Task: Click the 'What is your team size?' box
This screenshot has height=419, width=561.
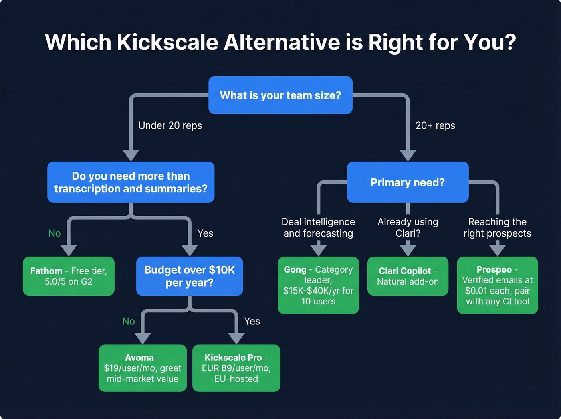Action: pyautogui.click(x=280, y=95)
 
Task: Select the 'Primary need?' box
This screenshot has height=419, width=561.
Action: pyautogui.click(x=408, y=182)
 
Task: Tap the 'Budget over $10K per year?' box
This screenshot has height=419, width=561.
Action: pyautogui.click(x=190, y=276)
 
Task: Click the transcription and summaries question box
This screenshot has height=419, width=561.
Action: pyautogui.click(x=131, y=182)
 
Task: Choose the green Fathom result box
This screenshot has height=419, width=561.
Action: pyautogui.click(x=69, y=276)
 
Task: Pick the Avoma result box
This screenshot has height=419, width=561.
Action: pyautogui.click(x=142, y=368)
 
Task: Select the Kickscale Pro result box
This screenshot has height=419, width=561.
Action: pyautogui.click(x=236, y=368)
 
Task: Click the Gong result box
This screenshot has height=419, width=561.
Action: pyautogui.click(x=318, y=285)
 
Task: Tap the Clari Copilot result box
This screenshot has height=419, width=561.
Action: pyautogui.click(x=408, y=276)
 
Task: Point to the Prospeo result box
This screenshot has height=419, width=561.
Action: pyautogui.click(x=497, y=285)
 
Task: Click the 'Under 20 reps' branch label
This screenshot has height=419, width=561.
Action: pyautogui.click(x=170, y=125)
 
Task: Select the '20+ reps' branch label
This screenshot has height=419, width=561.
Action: pyautogui.click(x=435, y=125)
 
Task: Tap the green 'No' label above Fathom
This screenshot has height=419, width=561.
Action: pyautogui.click(x=54, y=233)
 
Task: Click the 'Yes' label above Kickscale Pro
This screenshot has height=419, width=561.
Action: pyautogui.click(x=252, y=321)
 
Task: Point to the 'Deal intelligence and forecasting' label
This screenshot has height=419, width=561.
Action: pyautogui.click(x=318, y=227)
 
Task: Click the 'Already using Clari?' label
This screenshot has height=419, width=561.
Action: pyautogui.click(x=408, y=227)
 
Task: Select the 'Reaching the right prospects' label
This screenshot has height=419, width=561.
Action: pyautogui.click(x=497, y=227)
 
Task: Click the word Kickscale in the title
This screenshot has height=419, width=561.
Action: pyautogui.click(x=167, y=42)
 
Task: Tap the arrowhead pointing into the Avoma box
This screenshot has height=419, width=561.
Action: pyautogui.click(x=142, y=338)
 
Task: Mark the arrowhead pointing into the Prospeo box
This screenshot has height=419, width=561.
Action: pyautogui.click(x=497, y=250)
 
